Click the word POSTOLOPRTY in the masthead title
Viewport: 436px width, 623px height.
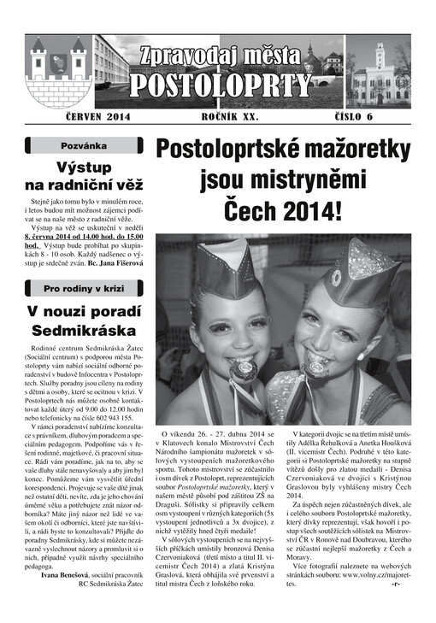(220, 85)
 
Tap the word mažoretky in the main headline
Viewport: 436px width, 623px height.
(347, 151)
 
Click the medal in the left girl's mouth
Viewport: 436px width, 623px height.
(243, 369)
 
